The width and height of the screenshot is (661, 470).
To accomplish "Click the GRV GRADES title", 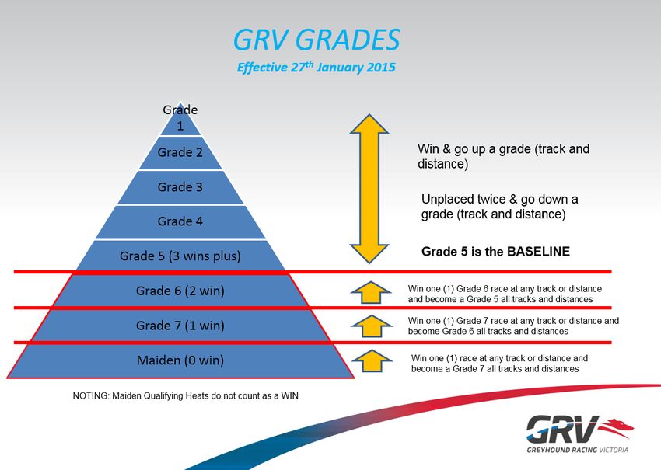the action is click(317, 40).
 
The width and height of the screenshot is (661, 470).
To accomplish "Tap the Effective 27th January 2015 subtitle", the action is click(317, 68).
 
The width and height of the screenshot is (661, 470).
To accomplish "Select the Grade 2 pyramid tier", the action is click(180, 152).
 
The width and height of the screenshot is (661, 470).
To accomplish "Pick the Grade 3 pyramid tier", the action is click(180, 187).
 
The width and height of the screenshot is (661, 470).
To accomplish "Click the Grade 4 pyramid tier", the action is click(180, 221).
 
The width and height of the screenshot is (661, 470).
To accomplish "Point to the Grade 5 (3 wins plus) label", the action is click(180, 256).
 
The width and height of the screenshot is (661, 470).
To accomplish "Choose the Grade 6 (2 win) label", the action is click(180, 291).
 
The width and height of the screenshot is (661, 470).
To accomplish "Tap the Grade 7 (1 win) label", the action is click(180, 326).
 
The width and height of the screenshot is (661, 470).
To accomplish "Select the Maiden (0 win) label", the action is click(180, 360).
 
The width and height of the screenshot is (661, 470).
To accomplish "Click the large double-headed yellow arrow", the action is click(369, 189).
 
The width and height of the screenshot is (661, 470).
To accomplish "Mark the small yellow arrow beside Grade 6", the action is click(371, 292).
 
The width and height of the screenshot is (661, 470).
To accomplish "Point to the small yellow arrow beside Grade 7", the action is click(372, 326).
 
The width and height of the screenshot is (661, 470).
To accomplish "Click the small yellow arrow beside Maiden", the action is click(372, 361).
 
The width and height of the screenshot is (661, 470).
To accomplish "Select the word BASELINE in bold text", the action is click(538, 252).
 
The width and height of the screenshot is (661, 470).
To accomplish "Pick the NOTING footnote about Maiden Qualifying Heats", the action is click(186, 396).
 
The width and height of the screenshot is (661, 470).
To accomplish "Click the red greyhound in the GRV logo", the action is click(616, 427).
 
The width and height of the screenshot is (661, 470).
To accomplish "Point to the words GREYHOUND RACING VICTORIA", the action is click(578, 450).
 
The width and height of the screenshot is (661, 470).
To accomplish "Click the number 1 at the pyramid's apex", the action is click(180, 126).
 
